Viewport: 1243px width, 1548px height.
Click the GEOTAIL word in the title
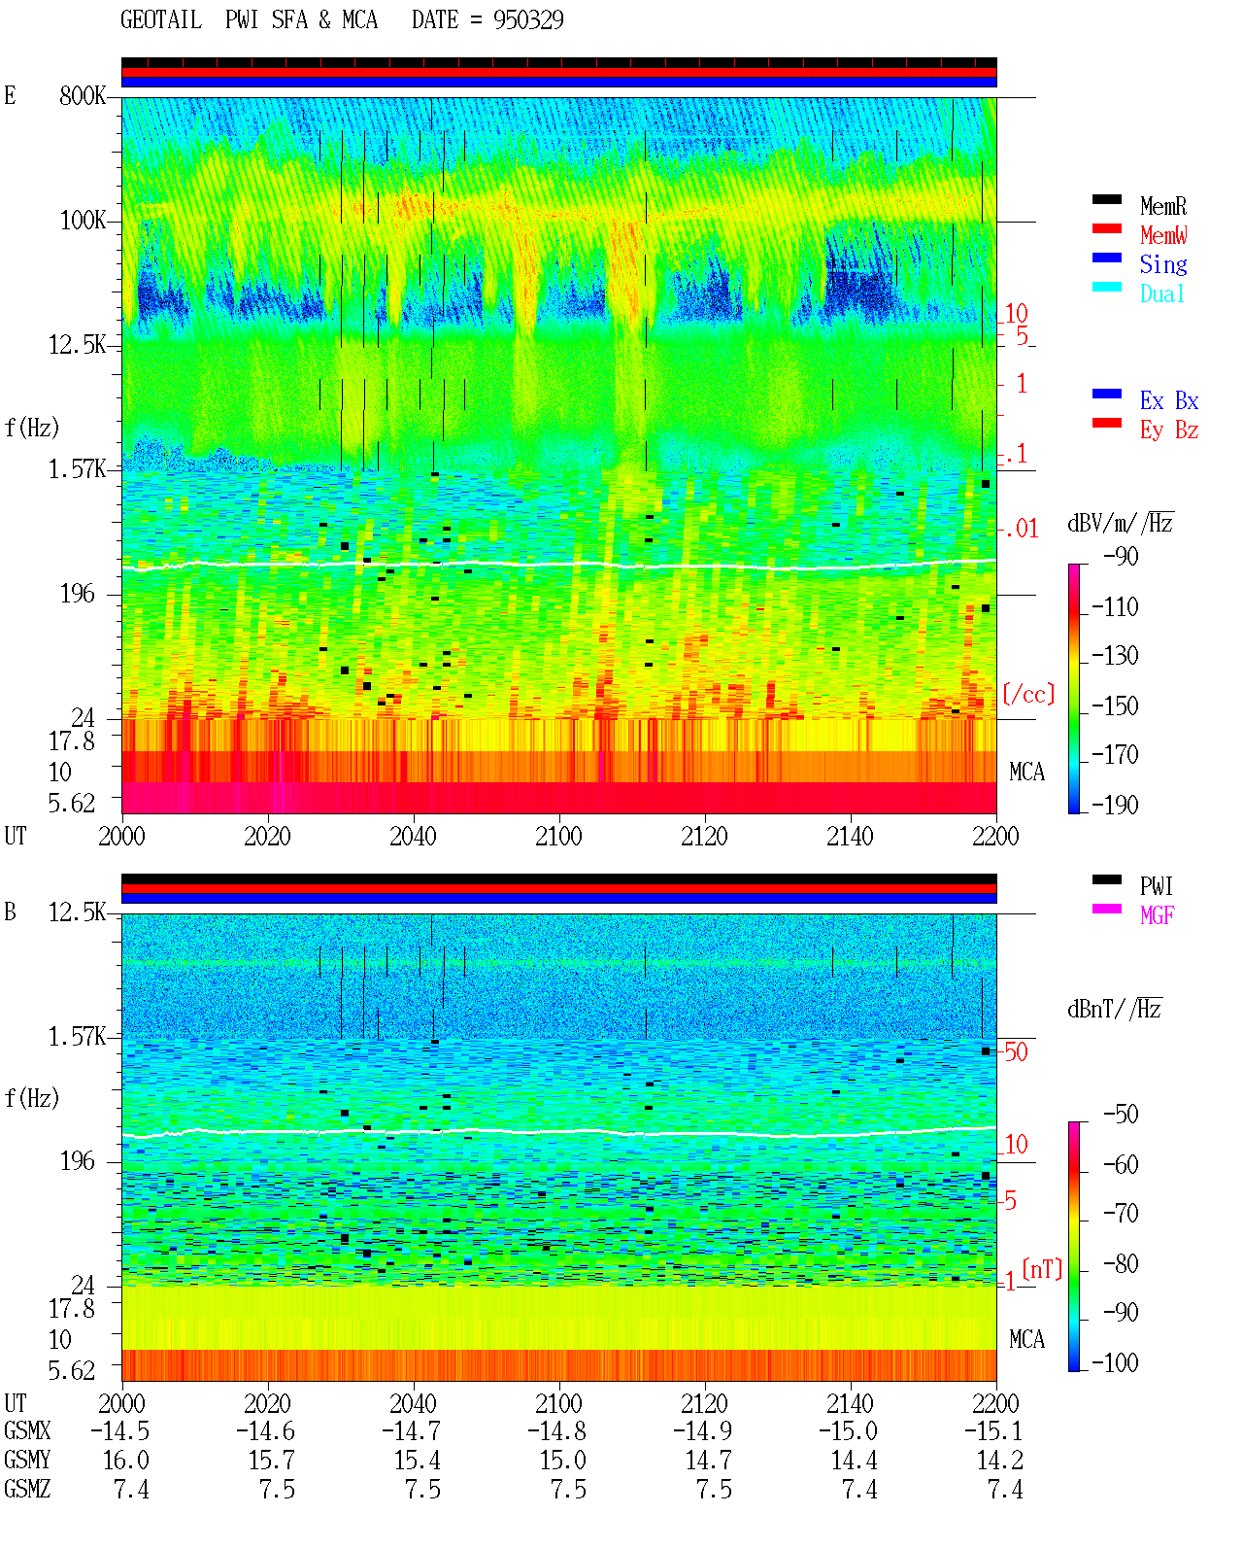161,19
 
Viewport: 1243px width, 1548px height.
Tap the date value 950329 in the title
527,19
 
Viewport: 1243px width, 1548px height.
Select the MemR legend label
1163,206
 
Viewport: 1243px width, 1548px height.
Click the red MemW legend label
1163,235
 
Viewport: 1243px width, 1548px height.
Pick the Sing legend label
1163,264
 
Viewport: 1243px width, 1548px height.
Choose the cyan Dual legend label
1162,293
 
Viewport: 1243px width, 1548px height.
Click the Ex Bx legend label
1169,400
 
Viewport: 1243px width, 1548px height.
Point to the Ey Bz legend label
1169,430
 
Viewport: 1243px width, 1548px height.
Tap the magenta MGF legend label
1158,915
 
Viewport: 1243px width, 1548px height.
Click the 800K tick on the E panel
83,95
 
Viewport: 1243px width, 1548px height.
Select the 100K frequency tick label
83,221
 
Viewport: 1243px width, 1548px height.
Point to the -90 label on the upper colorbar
1121,556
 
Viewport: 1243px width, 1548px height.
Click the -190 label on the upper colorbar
1115,805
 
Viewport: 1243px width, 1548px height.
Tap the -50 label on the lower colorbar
1121,1115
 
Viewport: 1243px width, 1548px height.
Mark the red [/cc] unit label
1028,694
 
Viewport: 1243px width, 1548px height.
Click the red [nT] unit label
1042,1269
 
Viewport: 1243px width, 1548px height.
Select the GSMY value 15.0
563,1461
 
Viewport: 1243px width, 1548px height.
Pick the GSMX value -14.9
702,1430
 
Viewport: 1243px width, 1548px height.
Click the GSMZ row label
27,1489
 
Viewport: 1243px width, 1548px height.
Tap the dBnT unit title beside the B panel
1115,1009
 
